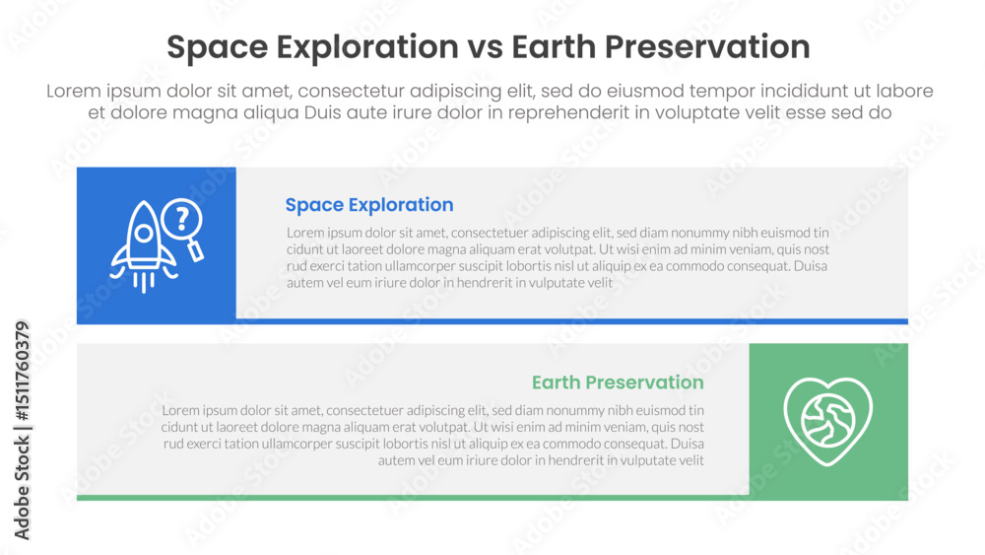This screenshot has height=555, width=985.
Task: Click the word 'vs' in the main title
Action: coord(485,47)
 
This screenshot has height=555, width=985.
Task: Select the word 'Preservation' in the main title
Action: coord(707,47)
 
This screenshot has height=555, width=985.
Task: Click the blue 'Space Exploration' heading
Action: coord(369,205)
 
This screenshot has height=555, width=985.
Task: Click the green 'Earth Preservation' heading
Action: coord(618,382)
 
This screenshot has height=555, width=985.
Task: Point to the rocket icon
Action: coord(143,246)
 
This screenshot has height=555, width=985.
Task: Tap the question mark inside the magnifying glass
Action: coord(182,219)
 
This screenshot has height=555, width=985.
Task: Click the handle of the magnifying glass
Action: coord(195,250)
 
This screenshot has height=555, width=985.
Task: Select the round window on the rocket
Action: coord(144,234)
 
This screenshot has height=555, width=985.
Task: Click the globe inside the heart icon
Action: coord(828,419)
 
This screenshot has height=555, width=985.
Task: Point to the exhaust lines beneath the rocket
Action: coord(143,282)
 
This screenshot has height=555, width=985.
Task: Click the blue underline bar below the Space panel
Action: coord(572,321)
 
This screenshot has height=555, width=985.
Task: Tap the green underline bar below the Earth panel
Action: coord(413,498)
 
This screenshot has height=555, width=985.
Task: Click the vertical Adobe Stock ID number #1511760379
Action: coord(22,371)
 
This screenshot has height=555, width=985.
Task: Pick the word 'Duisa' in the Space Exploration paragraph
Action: coord(811,266)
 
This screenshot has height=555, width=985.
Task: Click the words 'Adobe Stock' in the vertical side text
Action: coord(22,488)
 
